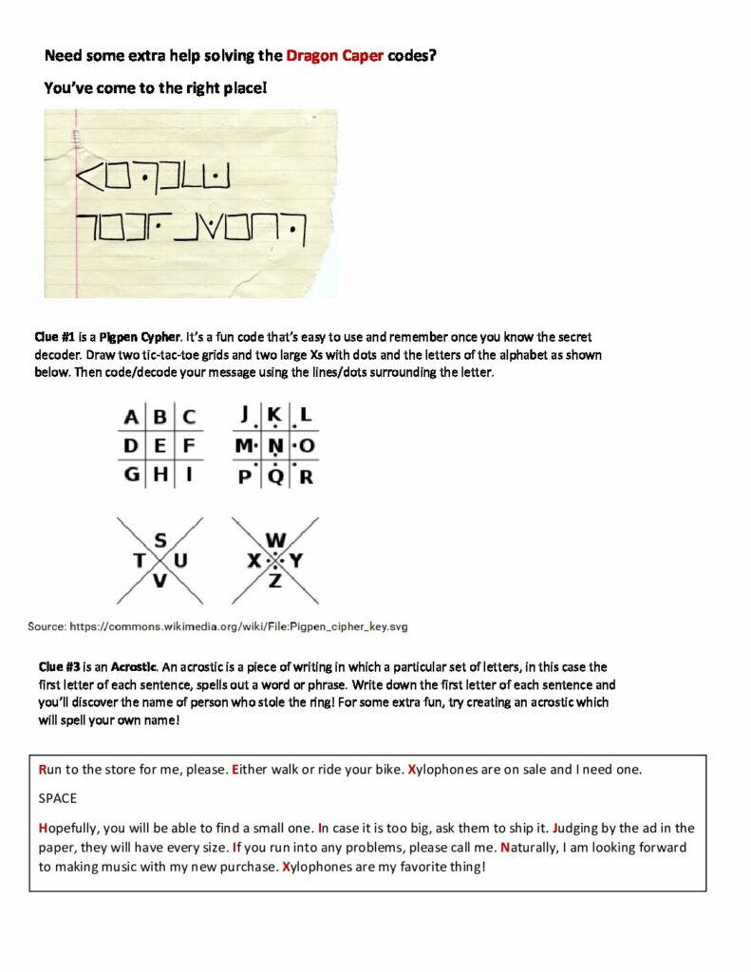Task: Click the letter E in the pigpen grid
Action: [160, 445]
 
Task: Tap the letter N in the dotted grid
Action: [275, 445]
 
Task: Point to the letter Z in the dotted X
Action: [275, 581]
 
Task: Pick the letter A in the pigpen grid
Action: [131, 417]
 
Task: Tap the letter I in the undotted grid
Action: [188, 474]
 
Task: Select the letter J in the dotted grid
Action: [246, 415]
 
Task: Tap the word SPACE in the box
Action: [58, 798]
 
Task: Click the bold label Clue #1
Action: [54, 337]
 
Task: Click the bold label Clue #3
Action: [54, 667]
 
